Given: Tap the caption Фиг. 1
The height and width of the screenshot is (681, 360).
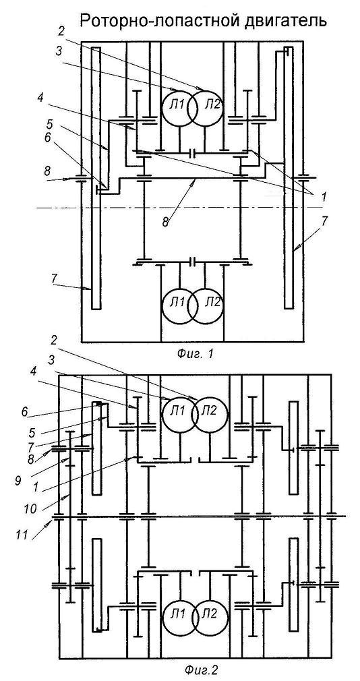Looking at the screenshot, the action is point(196,354).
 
